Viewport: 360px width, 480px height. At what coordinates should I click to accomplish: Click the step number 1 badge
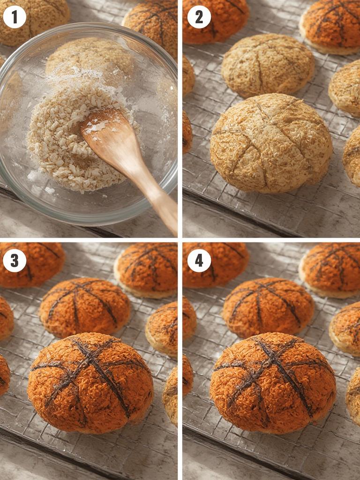tap(15, 17)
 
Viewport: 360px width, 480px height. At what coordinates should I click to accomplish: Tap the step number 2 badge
tap(199, 17)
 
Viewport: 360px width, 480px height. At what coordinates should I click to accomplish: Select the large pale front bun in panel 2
tap(271, 143)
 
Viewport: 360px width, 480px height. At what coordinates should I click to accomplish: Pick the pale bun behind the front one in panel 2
tap(267, 65)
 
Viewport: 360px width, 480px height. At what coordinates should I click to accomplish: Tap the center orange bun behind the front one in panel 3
tap(85, 307)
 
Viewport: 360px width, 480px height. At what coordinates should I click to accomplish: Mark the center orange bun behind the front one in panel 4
tap(268, 307)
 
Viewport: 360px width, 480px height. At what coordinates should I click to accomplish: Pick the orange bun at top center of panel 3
tap(146, 270)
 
